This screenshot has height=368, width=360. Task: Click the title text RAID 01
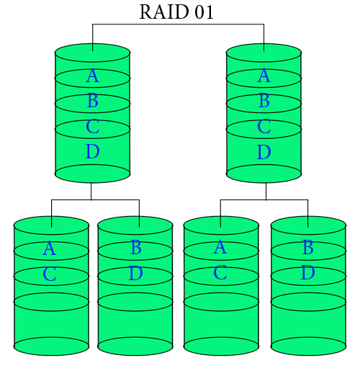coord(176,12)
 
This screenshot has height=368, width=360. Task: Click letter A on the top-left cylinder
coord(92,76)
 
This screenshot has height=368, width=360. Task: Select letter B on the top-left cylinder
coord(92,102)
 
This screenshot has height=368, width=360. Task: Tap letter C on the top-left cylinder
coord(92,127)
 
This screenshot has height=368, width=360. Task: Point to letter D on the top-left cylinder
coord(92,153)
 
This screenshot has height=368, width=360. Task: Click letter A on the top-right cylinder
coord(264,76)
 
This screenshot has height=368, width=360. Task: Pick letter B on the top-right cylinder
coord(264,102)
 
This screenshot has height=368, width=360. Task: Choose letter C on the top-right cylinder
coord(264,127)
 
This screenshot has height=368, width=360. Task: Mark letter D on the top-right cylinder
coord(264,153)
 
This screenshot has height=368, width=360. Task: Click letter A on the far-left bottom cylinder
coord(49,249)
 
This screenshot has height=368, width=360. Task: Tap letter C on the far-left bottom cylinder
coord(49,274)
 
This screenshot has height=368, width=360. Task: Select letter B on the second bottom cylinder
coord(136,248)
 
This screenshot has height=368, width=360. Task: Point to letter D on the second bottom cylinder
coord(136,274)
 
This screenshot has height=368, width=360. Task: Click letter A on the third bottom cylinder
coord(220,248)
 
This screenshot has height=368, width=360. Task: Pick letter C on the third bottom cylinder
coord(220,274)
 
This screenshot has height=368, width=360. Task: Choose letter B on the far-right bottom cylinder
coord(307,248)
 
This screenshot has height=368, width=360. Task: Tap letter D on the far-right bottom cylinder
coord(307,274)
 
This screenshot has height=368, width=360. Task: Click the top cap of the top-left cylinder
coord(92,53)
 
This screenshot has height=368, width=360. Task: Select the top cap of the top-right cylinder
coord(264,53)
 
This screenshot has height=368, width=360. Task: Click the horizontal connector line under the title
coord(178,24)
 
